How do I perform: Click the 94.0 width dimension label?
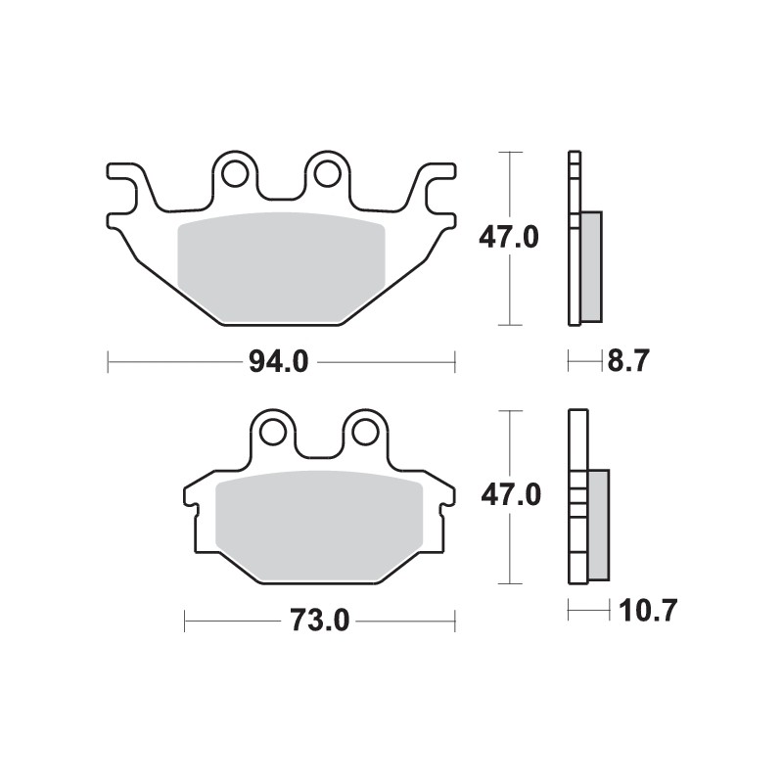point(282,363)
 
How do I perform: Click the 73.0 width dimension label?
point(320,621)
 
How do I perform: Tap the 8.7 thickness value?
point(628,363)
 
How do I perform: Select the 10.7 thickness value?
point(647,613)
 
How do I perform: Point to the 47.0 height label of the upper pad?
point(507,237)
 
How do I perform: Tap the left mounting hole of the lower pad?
point(273,431)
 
